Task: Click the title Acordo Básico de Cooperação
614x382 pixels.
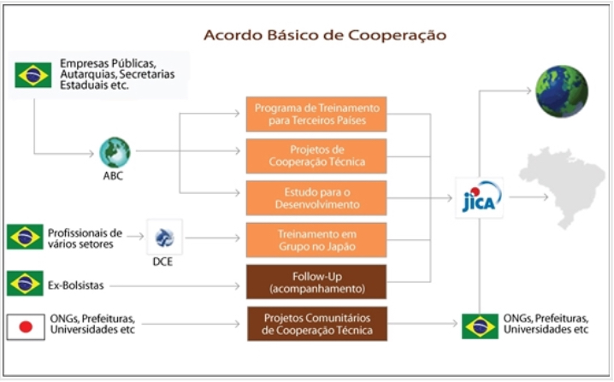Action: (x=324, y=36)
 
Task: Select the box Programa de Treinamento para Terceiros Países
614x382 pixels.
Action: (x=316, y=114)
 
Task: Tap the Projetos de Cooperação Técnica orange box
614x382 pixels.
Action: (x=316, y=156)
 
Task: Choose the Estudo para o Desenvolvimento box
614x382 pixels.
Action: (x=316, y=197)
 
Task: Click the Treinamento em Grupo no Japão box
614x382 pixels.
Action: (x=316, y=239)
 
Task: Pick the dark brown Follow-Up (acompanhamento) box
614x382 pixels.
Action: (x=316, y=281)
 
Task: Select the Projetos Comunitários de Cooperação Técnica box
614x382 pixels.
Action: (x=316, y=324)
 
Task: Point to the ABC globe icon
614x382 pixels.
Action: (x=114, y=153)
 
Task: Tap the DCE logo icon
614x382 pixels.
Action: (x=164, y=237)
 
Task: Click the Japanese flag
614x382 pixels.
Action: (x=25, y=326)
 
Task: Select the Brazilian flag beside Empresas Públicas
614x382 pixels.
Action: (x=32, y=75)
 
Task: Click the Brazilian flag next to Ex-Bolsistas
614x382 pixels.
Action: (x=25, y=283)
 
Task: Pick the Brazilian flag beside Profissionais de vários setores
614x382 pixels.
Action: (x=25, y=237)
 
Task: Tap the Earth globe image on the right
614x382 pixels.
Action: (x=562, y=90)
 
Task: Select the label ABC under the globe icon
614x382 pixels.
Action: (x=114, y=178)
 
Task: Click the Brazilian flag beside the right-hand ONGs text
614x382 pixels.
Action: (x=480, y=326)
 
